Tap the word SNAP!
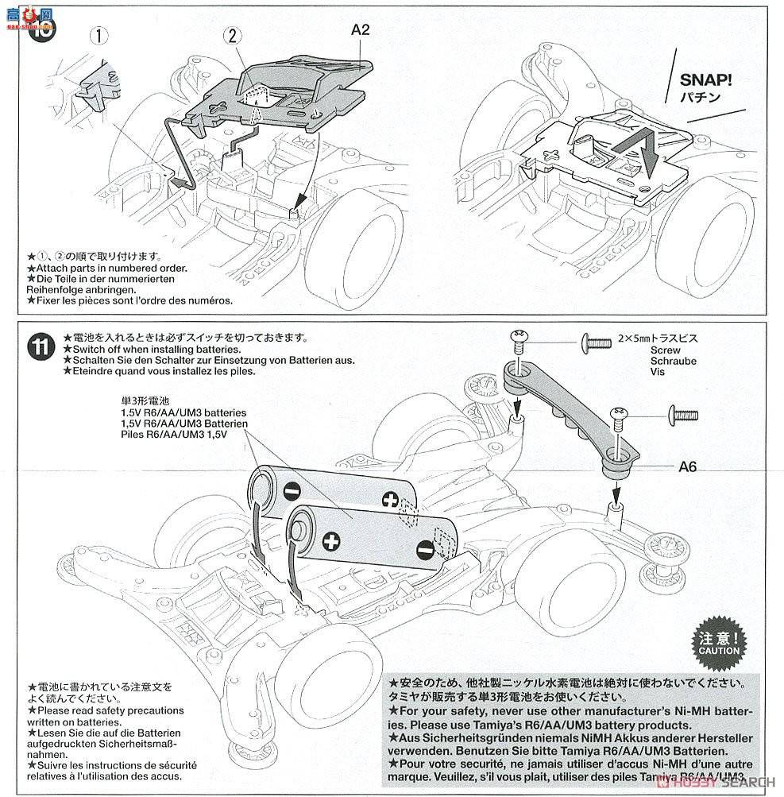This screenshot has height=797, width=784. tap(705, 80)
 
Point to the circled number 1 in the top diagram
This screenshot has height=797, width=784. tap(96, 35)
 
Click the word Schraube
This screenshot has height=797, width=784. tap(673, 361)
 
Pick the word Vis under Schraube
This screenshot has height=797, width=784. tap(657, 371)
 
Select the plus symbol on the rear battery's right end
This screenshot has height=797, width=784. tap(389, 500)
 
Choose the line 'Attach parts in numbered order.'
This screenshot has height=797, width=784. tap(110, 269)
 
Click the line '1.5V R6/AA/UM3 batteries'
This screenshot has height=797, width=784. tap(168, 414)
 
